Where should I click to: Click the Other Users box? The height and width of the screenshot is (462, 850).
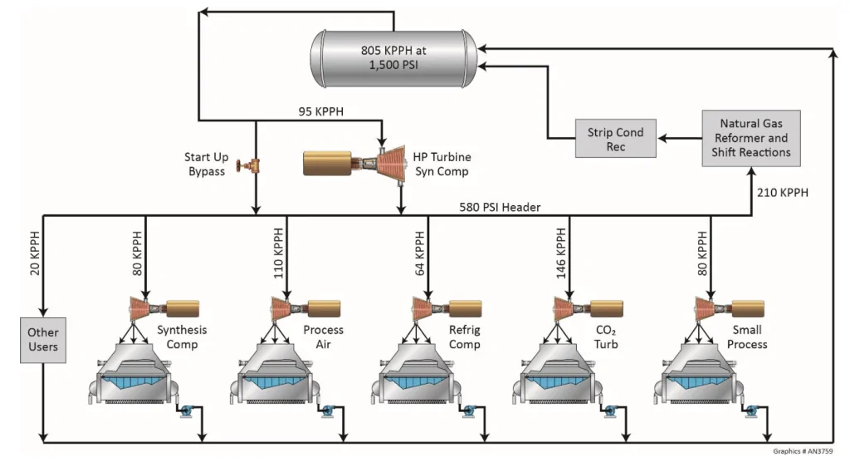43,340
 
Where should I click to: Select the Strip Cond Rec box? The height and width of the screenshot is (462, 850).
615,139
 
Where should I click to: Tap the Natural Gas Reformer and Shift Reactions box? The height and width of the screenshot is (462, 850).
750,138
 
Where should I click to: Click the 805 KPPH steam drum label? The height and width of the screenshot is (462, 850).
393,57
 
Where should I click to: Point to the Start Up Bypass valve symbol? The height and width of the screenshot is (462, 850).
249,165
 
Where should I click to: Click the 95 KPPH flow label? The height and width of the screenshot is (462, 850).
321,111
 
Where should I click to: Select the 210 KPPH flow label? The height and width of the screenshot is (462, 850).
782,192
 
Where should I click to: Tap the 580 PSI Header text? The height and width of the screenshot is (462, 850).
500,207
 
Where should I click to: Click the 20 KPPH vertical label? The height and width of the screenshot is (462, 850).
35,253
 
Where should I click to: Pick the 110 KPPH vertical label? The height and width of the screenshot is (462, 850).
278,253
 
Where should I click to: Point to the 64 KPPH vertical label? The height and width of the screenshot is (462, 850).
419,253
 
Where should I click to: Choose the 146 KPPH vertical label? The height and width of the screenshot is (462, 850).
561,253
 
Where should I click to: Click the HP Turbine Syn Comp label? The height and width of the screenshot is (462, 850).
442,164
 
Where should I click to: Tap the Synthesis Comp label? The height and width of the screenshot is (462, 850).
182,337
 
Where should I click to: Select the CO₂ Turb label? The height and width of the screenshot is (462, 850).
605,337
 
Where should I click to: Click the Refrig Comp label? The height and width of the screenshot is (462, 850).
465,337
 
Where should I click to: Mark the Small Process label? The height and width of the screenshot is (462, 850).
747,337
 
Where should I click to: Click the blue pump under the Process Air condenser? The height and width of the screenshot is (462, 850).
327,410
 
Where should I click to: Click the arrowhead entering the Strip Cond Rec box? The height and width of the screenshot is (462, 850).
662,139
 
